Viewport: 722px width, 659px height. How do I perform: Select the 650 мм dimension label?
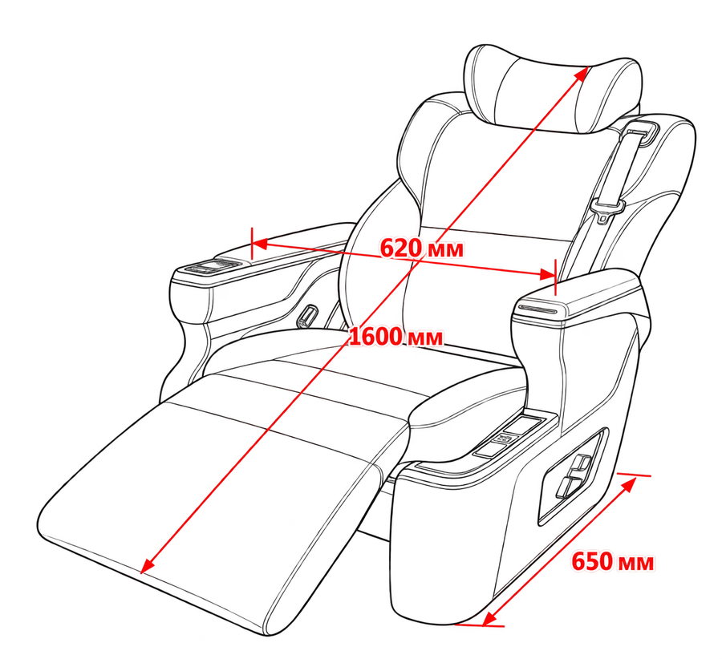pos(612,562)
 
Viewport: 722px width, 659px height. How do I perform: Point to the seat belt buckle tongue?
pos(607,209)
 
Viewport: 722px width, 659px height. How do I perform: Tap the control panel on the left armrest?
pos(213,266)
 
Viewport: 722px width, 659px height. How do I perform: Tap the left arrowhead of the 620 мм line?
pos(261,244)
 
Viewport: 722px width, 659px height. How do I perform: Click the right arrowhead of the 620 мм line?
pos(547,275)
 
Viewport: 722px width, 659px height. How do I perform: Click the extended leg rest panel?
pos(217,502)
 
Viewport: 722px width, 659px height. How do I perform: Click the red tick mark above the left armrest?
pos(252,244)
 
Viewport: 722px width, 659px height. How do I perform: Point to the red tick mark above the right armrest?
pos(556,277)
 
